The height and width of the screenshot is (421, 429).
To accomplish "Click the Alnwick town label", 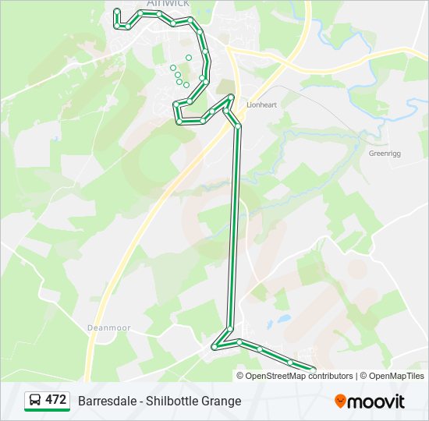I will pyautogui.click(x=167, y=4).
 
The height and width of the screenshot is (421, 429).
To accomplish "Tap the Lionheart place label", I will pyautogui.click(x=261, y=104).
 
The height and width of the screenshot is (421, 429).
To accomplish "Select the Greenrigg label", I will pyautogui.click(x=384, y=154).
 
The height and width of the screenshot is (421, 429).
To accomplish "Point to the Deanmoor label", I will pyautogui.click(x=108, y=328).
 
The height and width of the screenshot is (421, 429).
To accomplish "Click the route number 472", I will pyautogui.click(x=55, y=400).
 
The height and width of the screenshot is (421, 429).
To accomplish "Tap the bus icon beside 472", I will pyautogui.click(x=35, y=401).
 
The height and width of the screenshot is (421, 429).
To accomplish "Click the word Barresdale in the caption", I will pyautogui.click(x=105, y=402).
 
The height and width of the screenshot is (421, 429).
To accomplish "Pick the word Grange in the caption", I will pyautogui.click(x=222, y=402).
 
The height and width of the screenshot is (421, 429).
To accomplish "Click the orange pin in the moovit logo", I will pyautogui.click(x=340, y=401).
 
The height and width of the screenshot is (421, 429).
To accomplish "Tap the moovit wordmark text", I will pyautogui.click(x=376, y=402).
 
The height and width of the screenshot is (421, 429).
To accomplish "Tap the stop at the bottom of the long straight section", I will pyautogui.click(x=230, y=327).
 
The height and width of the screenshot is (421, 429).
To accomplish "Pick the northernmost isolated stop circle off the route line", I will pyautogui.click(x=189, y=57).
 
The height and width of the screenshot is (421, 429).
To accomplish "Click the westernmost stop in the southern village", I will pyautogui.click(x=215, y=346).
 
